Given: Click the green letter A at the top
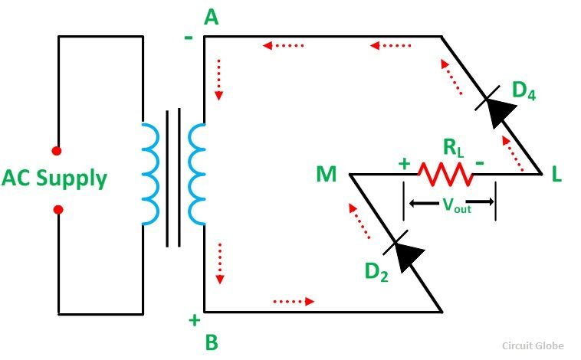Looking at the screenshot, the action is pyautogui.click(x=212, y=18).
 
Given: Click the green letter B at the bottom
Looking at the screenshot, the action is pyautogui.click(x=212, y=342).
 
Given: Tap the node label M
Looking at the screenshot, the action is pyautogui.click(x=327, y=174).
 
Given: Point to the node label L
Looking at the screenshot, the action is pyautogui.click(x=556, y=174).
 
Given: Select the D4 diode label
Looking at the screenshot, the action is pyautogui.click(x=524, y=90).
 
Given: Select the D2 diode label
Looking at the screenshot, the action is pyautogui.click(x=376, y=272).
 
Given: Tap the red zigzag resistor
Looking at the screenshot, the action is pyautogui.click(x=445, y=174).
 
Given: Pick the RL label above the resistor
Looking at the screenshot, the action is pyautogui.click(x=454, y=148).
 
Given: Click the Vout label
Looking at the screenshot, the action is pyautogui.click(x=457, y=205).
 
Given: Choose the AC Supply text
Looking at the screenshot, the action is pyautogui.click(x=54, y=179).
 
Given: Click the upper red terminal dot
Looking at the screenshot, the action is pyautogui.click(x=57, y=151).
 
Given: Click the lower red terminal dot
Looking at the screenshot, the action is pyautogui.click(x=58, y=210).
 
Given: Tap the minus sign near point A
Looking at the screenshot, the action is pyautogui.click(x=189, y=38).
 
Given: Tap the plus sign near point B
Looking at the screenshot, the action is pyautogui.click(x=195, y=320).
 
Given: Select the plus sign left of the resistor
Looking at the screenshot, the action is pyautogui.click(x=404, y=163).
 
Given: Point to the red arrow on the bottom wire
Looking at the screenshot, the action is pyautogui.click(x=294, y=302).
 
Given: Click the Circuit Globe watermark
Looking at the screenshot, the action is pyautogui.click(x=533, y=346).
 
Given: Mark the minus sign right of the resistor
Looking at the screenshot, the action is pyautogui.click(x=480, y=162).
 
